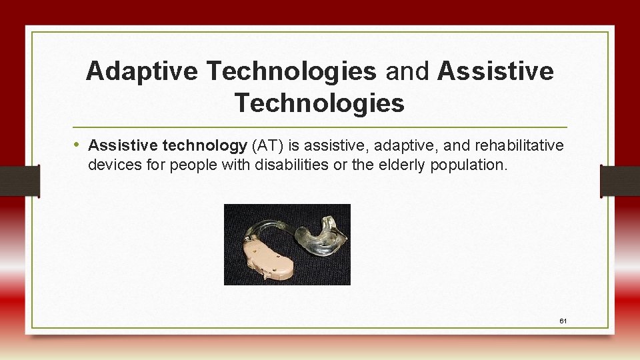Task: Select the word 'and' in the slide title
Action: (407, 71)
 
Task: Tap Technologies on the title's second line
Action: (319, 103)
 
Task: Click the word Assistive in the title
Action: (495, 71)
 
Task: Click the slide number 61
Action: (563, 321)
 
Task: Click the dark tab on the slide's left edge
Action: (20, 181)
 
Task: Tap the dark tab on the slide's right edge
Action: (619, 181)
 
